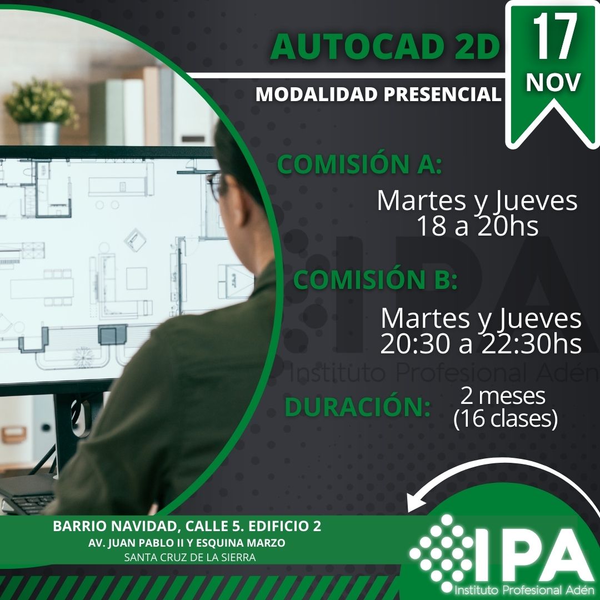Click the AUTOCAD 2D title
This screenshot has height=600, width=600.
(385, 47)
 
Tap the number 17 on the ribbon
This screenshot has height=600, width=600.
(555, 37)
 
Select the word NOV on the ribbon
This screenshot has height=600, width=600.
(553, 82)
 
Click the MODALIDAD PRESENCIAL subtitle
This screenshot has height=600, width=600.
(378, 94)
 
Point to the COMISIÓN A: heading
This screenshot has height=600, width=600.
(359, 164)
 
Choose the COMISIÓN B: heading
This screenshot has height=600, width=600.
(375, 280)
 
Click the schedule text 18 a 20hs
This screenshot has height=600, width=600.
(478, 226)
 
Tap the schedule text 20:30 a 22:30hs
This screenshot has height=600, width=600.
(481, 344)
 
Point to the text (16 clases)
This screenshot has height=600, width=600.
(505, 419)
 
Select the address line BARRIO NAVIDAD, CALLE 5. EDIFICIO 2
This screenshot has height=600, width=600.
(187, 526)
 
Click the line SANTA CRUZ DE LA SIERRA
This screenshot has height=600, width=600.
(190, 558)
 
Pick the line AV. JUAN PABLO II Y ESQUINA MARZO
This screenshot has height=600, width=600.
(187, 543)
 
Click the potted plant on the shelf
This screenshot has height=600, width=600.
(41, 111)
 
